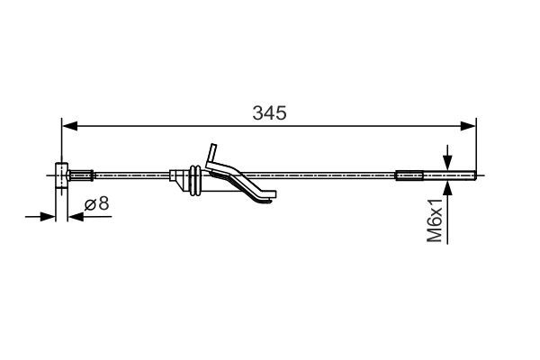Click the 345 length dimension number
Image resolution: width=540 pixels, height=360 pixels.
(269, 113)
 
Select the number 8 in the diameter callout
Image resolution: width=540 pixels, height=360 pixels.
(103, 203)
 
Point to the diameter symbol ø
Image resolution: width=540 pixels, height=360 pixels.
(91, 204)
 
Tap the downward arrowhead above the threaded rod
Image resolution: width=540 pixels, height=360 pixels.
(447, 161)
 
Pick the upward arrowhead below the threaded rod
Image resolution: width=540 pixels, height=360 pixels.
(447, 185)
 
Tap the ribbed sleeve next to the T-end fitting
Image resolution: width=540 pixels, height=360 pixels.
(82, 175)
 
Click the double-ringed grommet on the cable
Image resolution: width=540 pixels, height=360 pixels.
(193, 178)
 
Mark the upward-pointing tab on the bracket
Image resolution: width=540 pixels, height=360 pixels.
(212, 153)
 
